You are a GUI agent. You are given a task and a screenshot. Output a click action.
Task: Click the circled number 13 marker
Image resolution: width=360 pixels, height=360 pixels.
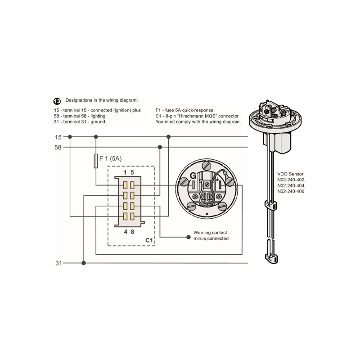[x=57, y=101]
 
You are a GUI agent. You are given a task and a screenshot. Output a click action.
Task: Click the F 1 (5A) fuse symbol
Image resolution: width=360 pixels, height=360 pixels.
[x=96, y=161]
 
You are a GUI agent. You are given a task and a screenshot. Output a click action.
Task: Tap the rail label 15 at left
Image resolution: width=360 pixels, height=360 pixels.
[x=58, y=137]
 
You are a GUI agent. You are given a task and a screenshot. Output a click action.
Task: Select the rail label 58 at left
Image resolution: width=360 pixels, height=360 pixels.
[x=58, y=148]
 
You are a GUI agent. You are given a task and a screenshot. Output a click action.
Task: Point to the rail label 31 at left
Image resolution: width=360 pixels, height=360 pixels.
[x=58, y=263]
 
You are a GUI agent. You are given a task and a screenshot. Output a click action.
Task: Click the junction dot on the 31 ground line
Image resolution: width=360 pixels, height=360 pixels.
[x=84, y=263]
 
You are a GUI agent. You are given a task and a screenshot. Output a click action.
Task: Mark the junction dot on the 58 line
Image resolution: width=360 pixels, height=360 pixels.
[x=160, y=147]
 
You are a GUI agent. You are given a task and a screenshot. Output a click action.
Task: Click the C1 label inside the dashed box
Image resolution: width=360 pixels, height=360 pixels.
[x=149, y=240]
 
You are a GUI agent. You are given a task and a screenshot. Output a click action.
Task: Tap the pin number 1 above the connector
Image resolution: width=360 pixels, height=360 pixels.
[x=125, y=172]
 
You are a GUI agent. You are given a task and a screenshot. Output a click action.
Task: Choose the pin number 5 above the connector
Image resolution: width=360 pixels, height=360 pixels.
[x=132, y=172]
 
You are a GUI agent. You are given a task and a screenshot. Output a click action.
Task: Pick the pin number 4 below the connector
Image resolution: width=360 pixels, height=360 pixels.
[x=126, y=232]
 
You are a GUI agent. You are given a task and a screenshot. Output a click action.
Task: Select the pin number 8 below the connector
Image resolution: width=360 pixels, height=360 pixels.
[x=132, y=232]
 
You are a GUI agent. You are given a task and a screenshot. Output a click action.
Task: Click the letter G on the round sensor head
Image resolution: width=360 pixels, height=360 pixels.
[x=193, y=176]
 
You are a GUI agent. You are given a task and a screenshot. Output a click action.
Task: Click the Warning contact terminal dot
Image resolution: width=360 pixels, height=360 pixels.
[x=189, y=237]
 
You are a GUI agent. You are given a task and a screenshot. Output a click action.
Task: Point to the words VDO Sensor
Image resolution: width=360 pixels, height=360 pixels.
[x=290, y=174]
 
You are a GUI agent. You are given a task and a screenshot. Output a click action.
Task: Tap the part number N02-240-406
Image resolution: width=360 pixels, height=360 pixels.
[x=291, y=192]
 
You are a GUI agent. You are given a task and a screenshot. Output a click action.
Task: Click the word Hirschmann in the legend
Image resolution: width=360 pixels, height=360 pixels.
[x=198, y=116]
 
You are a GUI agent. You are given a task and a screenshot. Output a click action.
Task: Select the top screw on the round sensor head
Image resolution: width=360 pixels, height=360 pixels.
[x=206, y=165]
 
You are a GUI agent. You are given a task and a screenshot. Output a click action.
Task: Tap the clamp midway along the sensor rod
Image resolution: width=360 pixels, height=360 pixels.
[x=271, y=205]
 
